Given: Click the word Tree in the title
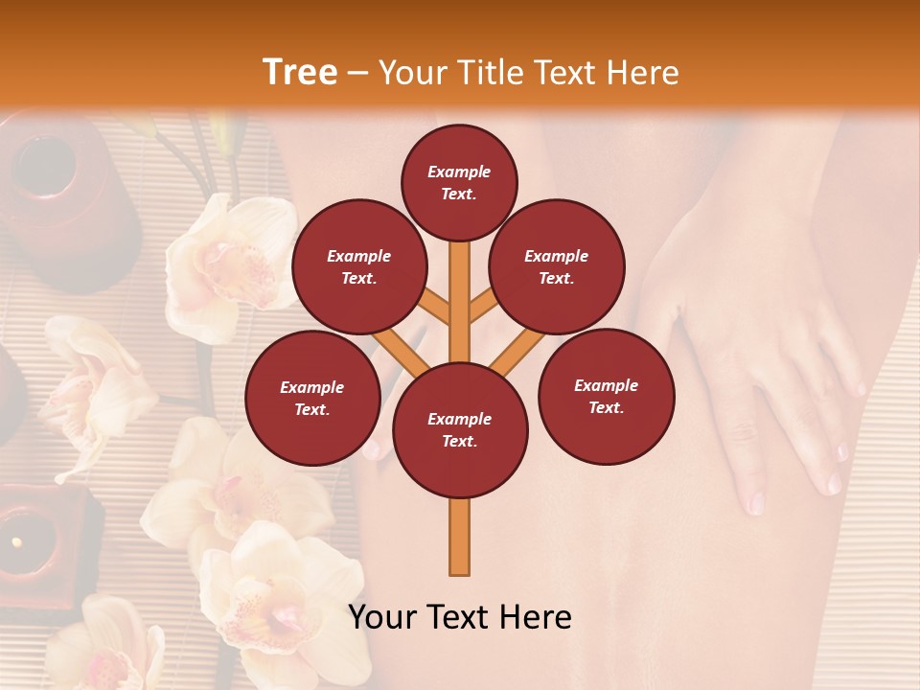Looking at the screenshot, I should pos(300,72).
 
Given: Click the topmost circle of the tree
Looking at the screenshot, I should pos(459,181).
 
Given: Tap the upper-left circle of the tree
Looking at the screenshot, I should pos(359,266).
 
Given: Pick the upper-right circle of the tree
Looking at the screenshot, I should pos(557,266).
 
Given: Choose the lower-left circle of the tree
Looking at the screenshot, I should pos(312,398).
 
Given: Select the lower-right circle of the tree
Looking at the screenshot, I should pos(606,396).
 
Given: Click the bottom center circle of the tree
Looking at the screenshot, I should pos(459,429).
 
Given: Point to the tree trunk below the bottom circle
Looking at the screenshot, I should pos(459,537).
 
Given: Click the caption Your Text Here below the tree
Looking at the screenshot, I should pos(459,617).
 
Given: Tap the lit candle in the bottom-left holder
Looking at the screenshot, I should pos(17,542).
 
